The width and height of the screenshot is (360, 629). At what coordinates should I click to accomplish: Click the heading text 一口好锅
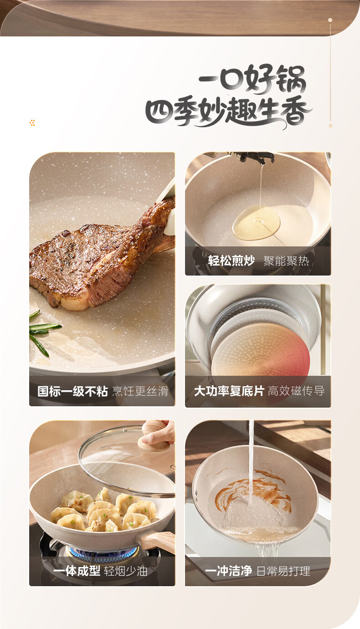coord(252,79)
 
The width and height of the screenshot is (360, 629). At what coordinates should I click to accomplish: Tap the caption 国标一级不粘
coord(72,391)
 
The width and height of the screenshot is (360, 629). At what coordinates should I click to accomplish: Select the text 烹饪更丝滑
coord(140,391)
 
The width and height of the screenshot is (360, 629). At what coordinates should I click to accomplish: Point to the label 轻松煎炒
coord(231,261)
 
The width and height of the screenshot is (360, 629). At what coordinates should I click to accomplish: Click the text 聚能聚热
coord(286,261)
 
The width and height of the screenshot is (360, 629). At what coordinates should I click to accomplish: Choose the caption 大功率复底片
coord(229,391)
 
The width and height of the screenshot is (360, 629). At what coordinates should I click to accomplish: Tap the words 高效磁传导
coord(296,391)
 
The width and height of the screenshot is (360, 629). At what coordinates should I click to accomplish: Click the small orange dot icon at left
coord(32,123)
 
